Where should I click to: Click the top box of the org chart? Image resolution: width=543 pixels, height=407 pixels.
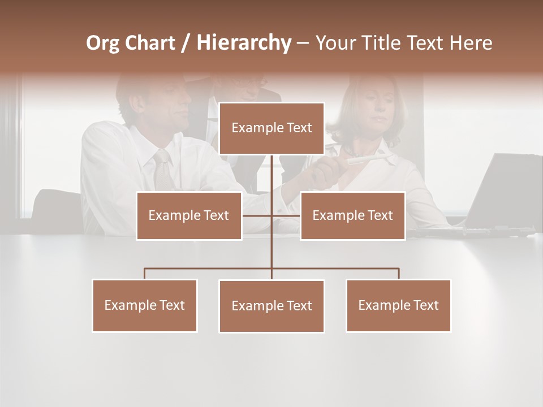tap(271, 128)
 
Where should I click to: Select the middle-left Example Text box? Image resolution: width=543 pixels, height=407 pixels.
tap(189, 215)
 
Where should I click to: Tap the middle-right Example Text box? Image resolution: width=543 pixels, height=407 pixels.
tap(352, 215)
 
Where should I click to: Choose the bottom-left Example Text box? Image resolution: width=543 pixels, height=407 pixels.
tap(145, 305)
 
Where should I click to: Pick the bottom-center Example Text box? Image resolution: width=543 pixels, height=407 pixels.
tap(271, 306)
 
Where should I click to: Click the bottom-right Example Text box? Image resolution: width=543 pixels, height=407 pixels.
tap(398, 305)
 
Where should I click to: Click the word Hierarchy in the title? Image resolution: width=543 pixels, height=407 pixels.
tap(244, 42)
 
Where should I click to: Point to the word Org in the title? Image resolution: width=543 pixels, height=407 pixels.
tap(102, 43)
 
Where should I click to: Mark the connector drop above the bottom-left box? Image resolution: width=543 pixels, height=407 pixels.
tap(145, 274)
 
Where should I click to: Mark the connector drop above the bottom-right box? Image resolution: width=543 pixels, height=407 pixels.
tap(399, 274)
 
